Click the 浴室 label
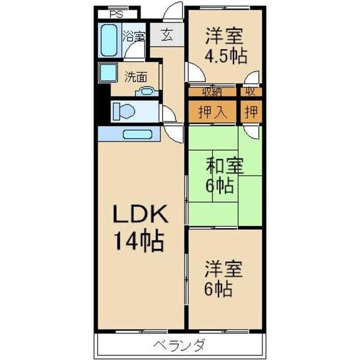(134, 36)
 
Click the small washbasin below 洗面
(146, 92)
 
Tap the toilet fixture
(125, 111)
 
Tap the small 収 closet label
(250, 92)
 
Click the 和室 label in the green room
(225, 165)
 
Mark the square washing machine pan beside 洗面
(109, 72)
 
